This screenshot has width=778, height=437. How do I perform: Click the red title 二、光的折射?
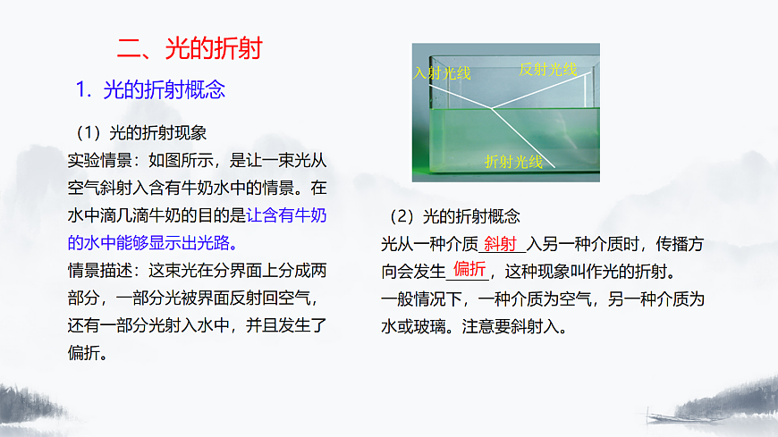(x=190, y=47)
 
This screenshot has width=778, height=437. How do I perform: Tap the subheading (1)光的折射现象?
(x=141, y=133)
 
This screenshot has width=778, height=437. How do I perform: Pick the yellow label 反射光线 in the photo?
(x=548, y=69)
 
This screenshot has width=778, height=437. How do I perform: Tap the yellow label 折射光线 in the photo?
(x=513, y=161)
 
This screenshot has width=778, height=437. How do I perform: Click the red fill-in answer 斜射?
(x=500, y=244)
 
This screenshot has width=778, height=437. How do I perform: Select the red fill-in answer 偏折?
(x=469, y=270)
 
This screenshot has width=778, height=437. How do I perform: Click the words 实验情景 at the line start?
(x=98, y=161)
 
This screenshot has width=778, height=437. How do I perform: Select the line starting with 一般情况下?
(x=543, y=298)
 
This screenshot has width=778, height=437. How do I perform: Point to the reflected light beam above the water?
(x=541, y=90)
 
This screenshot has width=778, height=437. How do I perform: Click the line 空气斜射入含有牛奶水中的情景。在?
(x=198, y=189)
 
